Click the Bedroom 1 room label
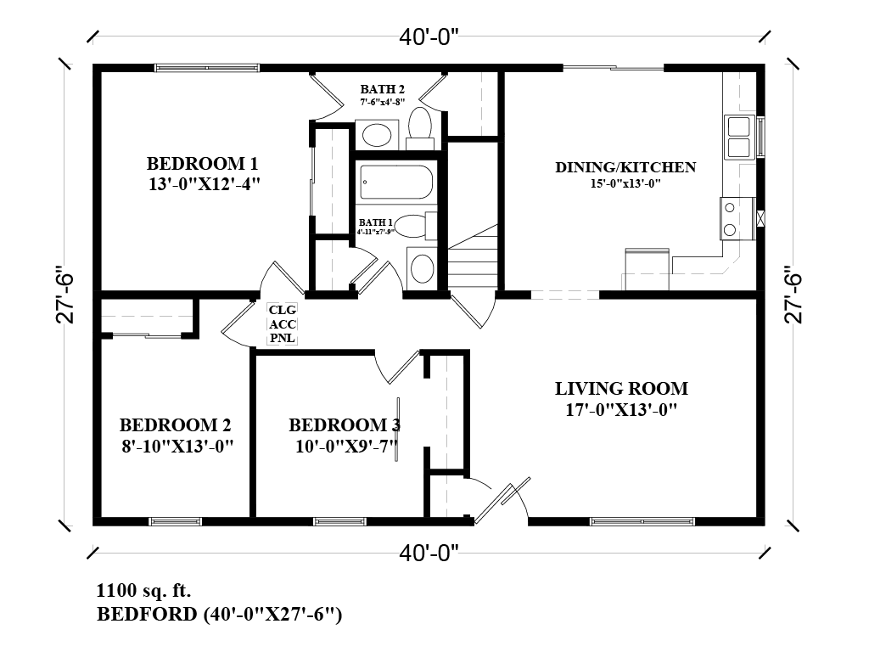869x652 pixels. click(x=202, y=163)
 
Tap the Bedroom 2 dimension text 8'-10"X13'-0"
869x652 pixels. click(x=177, y=445)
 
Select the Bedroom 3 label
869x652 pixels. click(x=344, y=425)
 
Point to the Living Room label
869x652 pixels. click(x=621, y=389)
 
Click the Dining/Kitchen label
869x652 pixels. click(x=625, y=167)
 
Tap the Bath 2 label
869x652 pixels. click(x=382, y=88)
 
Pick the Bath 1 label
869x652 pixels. click(x=373, y=222)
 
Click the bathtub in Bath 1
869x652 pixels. click(x=396, y=182)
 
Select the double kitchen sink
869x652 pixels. click(x=737, y=137)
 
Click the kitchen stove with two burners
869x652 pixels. click(x=729, y=217)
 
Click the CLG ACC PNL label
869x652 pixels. click(x=281, y=324)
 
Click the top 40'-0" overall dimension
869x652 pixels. click(x=429, y=37)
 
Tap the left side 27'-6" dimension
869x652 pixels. click(x=66, y=297)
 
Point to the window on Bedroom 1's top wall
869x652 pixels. click(x=206, y=67)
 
